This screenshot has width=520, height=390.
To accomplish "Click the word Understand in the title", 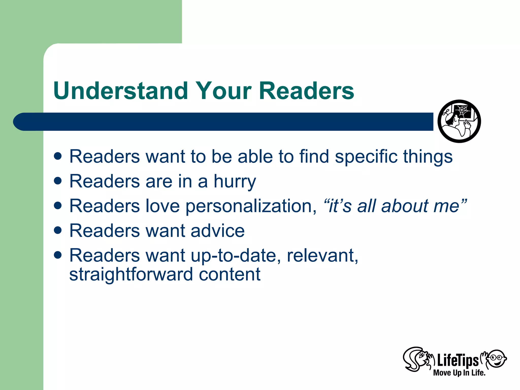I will click(x=121, y=91).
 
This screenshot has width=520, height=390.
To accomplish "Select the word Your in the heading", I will click(x=223, y=91).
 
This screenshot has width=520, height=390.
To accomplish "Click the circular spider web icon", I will click(x=459, y=121).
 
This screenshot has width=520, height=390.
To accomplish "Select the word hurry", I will click(x=235, y=181).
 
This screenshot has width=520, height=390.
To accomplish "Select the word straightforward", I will click(x=131, y=275).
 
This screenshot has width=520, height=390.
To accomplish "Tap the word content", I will click(x=230, y=275).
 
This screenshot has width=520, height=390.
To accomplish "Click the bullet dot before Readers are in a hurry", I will click(x=58, y=181).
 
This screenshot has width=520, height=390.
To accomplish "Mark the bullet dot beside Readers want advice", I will click(x=58, y=230).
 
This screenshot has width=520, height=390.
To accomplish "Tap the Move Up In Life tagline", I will click(x=459, y=373).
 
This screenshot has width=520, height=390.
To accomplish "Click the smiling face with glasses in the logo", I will click(x=496, y=359).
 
